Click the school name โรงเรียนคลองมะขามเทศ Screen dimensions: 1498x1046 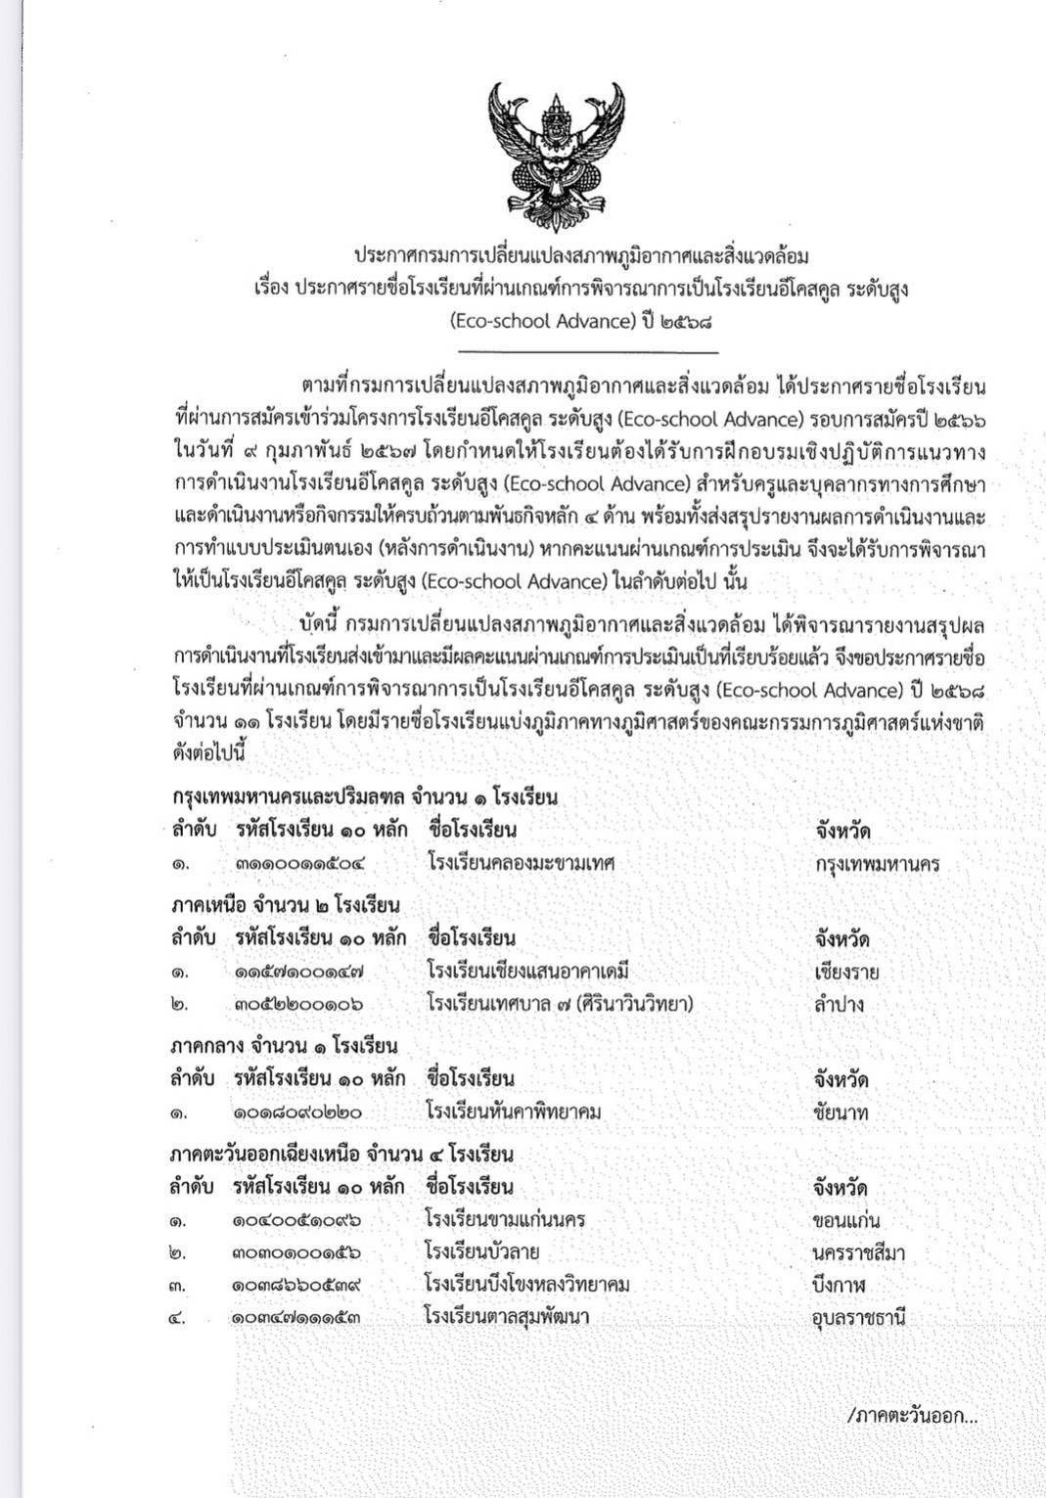[x=520, y=863]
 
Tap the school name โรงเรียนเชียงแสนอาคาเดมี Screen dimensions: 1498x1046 [x=526, y=972]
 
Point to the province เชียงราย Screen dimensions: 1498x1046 [x=845, y=973]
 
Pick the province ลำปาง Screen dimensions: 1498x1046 [x=839, y=1004]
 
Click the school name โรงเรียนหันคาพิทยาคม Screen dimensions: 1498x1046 [x=513, y=1112]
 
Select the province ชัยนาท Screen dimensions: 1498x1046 [x=840, y=1112]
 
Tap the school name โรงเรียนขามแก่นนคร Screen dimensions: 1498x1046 [x=505, y=1220]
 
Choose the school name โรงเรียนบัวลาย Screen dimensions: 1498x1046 [x=482, y=1251]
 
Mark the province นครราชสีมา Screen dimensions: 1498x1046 [x=858, y=1253]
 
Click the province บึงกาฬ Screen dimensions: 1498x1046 [x=839, y=1285]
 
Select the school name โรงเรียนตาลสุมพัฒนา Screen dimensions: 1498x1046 [x=506, y=1316]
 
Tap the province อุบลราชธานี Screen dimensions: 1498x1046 [x=858, y=1317]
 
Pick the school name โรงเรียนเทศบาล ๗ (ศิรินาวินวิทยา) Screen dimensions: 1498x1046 [x=560, y=1004]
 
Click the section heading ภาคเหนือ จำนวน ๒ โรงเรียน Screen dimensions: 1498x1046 [x=285, y=905]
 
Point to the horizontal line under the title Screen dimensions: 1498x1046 [x=587, y=352]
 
